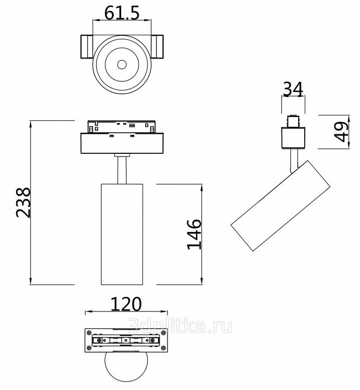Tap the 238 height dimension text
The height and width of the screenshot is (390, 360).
(23, 203)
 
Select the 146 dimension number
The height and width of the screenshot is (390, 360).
(194, 235)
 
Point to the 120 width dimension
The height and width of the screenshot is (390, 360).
(126, 304)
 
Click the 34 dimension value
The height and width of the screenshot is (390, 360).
(293, 89)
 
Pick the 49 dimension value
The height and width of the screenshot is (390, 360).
(341, 132)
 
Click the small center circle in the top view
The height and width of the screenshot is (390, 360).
(122, 64)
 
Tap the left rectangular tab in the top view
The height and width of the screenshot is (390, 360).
(87, 47)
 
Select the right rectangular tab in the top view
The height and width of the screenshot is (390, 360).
(157, 47)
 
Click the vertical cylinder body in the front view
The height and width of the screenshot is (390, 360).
(122, 234)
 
